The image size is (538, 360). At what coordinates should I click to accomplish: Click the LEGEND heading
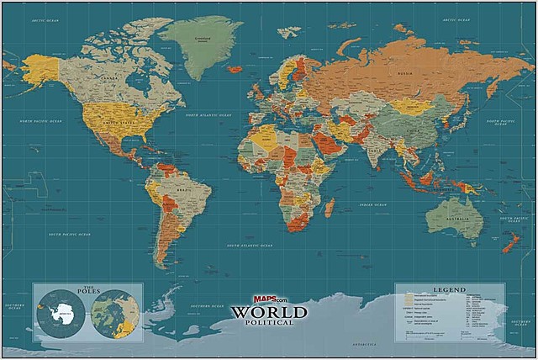tap(448, 290)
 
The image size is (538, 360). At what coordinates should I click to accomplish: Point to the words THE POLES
tap(87, 293)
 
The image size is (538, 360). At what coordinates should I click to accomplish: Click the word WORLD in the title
tap(270, 310)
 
